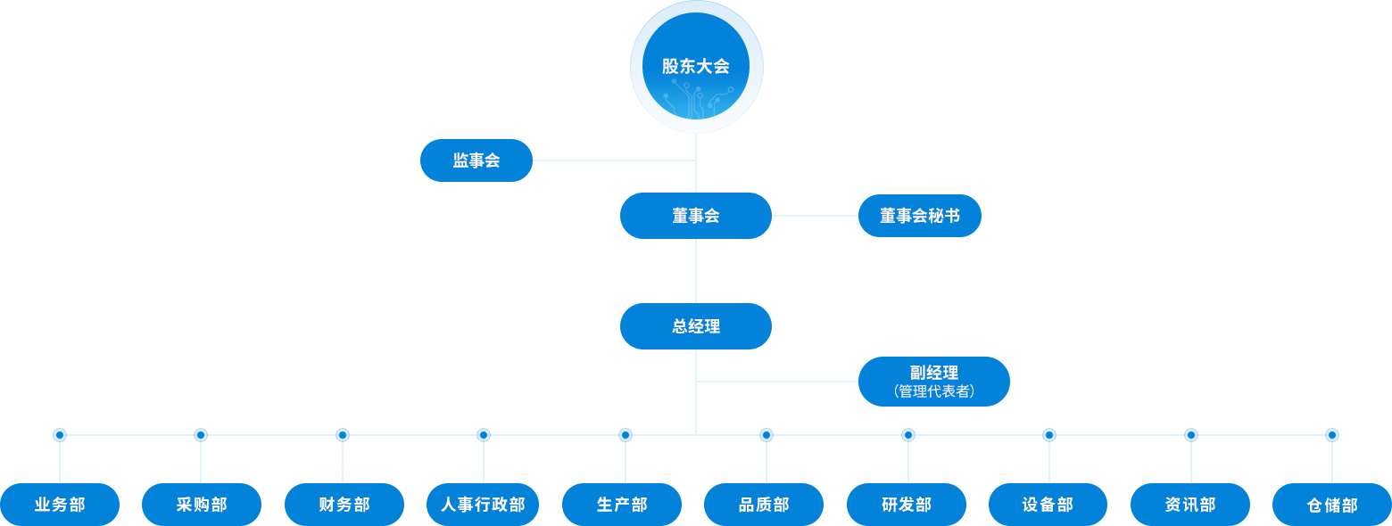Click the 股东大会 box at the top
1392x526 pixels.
[x=693, y=67]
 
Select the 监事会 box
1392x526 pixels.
[x=476, y=160]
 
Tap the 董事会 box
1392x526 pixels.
[x=695, y=216]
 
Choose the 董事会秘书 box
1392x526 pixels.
[x=919, y=216]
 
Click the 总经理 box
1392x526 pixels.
[x=695, y=326]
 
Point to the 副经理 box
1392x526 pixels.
[x=933, y=374]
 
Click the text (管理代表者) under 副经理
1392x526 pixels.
[x=933, y=391]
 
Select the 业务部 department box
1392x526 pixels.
[x=60, y=505]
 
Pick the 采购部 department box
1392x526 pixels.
[x=202, y=505]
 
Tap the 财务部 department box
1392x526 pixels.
[x=344, y=505]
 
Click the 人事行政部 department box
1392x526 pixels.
[x=483, y=505]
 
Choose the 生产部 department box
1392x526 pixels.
[x=622, y=505]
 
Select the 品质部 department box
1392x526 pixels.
[x=764, y=505]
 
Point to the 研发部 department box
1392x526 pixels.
[x=906, y=505]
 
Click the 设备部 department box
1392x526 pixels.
[x=1048, y=505]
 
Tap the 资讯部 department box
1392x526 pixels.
[x=1189, y=505]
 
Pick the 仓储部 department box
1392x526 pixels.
[x=1331, y=505]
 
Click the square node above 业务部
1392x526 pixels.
[x=59, y=435]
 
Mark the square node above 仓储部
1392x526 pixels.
[x=1331, y=435]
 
